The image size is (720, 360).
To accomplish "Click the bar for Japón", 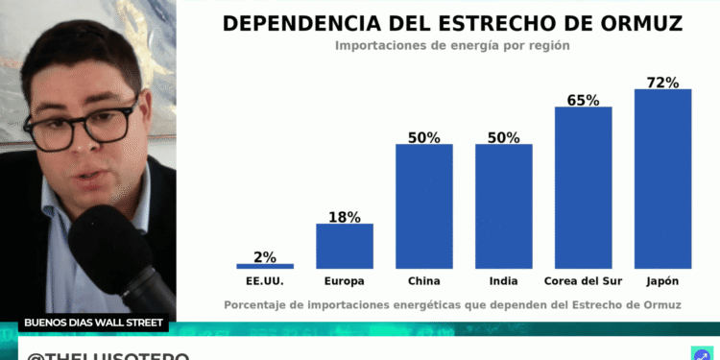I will click(x=662, y=179).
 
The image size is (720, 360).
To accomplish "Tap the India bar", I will click(x=503, y=206).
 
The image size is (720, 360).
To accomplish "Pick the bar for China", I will click(x=423, y=206).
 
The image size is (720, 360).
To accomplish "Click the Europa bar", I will click(x=345, y=246).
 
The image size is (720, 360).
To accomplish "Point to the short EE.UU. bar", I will click(x=265, y=266).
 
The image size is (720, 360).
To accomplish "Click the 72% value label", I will click(x=662, y=82).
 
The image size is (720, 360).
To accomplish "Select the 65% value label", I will click(x=583, y=99).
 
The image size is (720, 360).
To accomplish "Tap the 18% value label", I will click(x=345, y=217).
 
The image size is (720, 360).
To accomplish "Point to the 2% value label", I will click(x=265, y=256).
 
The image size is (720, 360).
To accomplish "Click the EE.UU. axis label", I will click(x=265, y=281).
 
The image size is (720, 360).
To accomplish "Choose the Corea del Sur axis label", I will click(x=583, y=281).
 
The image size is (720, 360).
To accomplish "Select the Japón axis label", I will click(x=662, y=281).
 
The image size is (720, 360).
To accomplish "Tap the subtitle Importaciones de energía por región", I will click(x=452, y=45).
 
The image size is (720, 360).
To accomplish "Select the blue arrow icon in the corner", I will click(x=700, y=353).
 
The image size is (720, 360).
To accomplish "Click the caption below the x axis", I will click(x=452, y=304).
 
